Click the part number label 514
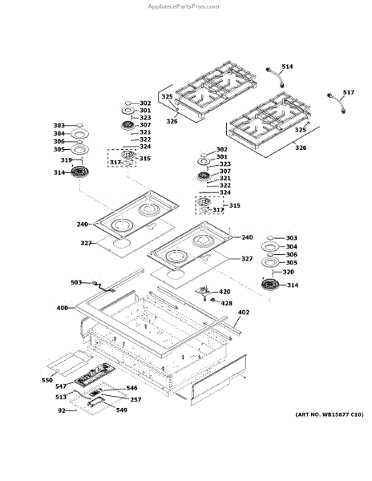287,67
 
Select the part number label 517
349,92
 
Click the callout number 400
63,308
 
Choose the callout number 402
244,313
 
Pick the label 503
76,282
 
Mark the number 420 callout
224,292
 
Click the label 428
226,303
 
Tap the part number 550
47,380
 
